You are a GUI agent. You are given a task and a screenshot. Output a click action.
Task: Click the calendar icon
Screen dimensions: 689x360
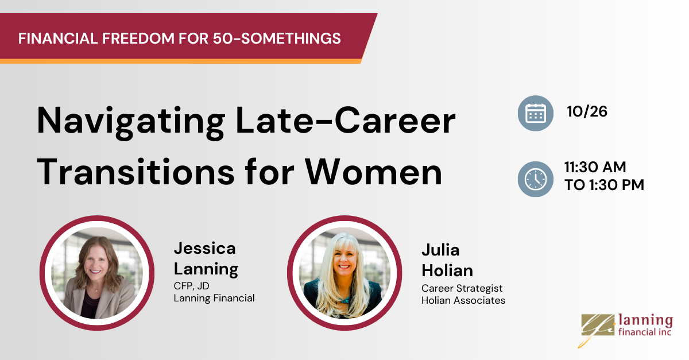(536, 113)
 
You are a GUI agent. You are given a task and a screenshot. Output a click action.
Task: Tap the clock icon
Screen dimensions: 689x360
(536, 179)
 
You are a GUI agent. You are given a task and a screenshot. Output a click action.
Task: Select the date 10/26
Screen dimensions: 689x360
(587, 111)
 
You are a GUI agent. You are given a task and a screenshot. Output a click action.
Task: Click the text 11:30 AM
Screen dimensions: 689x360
(595, 167)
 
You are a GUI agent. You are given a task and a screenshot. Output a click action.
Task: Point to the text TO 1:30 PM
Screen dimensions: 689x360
(604, 185)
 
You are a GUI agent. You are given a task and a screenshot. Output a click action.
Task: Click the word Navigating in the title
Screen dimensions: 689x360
(131, 122)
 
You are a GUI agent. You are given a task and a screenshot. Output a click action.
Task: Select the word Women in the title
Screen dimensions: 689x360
(373, 172)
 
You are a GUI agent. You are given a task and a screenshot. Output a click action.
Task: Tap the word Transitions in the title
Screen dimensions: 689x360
(136, 172)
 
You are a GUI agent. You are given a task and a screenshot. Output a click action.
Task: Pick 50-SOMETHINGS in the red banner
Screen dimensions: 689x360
(277, 38)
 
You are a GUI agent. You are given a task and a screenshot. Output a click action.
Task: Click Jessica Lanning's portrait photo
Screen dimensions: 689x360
(97, 273)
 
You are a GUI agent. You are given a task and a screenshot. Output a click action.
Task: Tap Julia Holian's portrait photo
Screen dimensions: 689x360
(344, 273)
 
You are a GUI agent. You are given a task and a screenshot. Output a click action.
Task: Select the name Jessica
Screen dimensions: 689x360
(204, 248)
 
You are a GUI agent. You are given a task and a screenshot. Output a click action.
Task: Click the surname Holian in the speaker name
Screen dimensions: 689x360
(447, 270)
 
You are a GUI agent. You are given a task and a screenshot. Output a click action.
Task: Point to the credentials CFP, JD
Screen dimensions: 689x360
(191, 286)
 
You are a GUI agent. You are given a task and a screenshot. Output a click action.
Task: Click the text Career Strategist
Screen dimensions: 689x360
(462, 288)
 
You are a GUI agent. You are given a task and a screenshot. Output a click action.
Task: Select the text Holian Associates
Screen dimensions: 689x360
(463, 300)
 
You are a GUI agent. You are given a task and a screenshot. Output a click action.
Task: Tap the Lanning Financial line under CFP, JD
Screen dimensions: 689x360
(214, 298)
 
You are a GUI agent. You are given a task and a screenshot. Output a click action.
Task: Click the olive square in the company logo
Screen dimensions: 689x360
(597, 325)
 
